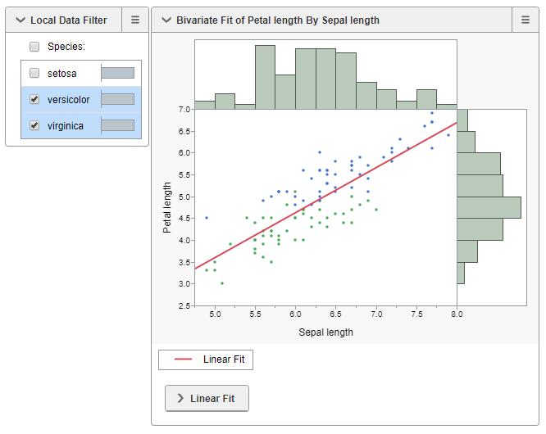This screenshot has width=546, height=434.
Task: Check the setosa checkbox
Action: (34, 73)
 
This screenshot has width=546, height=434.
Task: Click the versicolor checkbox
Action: (34, 99)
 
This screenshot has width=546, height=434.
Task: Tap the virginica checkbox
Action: (34, 125)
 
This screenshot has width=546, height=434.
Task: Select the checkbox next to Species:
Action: (34, 47)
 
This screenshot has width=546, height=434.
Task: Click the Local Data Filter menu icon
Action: (135, 20)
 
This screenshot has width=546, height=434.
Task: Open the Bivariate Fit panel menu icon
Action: (526, 20)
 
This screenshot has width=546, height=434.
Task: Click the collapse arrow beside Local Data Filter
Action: (20, 20)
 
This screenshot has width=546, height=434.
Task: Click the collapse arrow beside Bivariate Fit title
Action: (166, 20)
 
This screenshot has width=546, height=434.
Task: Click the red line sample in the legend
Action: (183, 359)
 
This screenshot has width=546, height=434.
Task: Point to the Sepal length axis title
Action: (325, 332)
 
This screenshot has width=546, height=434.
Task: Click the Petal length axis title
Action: (167, 207)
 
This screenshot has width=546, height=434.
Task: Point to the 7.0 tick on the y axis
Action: (184, 109)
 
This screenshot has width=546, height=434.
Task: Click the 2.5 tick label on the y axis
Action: (184, 305)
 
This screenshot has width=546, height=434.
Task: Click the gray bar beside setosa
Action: (117, 73)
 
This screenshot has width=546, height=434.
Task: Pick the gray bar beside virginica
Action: (117, 125)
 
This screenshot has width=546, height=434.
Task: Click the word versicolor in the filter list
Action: (69, 99)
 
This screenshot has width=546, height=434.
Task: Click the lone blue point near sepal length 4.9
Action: (207, 218)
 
